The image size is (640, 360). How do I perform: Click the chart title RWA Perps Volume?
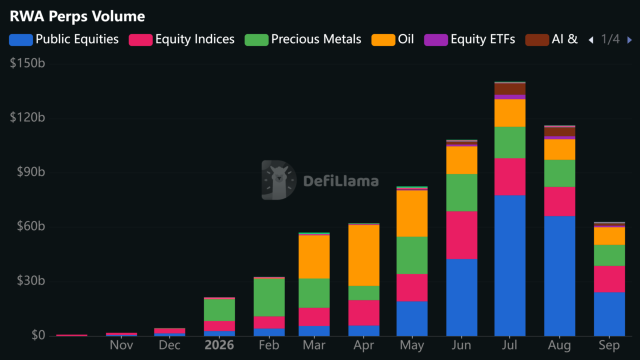pos(77,16)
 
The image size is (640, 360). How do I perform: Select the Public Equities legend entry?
pos(63,39)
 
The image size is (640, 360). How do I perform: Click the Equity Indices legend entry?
pos(181,39)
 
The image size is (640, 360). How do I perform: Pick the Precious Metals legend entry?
pos(303,39)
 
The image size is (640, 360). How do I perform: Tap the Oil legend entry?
pos(392,39)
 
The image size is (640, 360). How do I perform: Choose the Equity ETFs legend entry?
pos(469,39)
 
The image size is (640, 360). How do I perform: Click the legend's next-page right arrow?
pos(629,40)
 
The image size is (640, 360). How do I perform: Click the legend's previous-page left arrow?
pos(591,40)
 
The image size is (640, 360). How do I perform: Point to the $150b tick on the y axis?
pos(27,63)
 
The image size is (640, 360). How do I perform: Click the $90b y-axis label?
pos(31,171)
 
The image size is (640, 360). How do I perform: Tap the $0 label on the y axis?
pos(38,335)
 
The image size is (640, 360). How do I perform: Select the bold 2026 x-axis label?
pos(219,345)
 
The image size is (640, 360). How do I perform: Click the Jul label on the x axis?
pos(509,345)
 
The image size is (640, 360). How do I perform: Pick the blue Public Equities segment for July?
pos(510,265)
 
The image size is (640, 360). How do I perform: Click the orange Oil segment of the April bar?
pos(363,255)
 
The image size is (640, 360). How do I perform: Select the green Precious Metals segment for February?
pos(269,297)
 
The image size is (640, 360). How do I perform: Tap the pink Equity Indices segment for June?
pos(461,235)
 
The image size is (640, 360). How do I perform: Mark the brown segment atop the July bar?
pos(510,89)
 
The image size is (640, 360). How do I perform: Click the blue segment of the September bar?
pos(609,314)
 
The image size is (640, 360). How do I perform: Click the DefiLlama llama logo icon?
pos(279,180)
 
